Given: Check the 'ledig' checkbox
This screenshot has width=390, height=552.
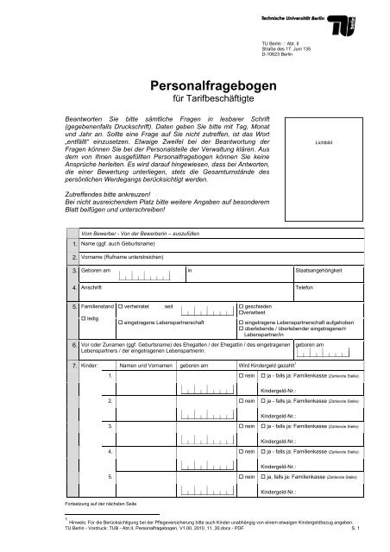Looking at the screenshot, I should coord(82,319).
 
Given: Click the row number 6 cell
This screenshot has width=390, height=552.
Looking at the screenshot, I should coord(73,345).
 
